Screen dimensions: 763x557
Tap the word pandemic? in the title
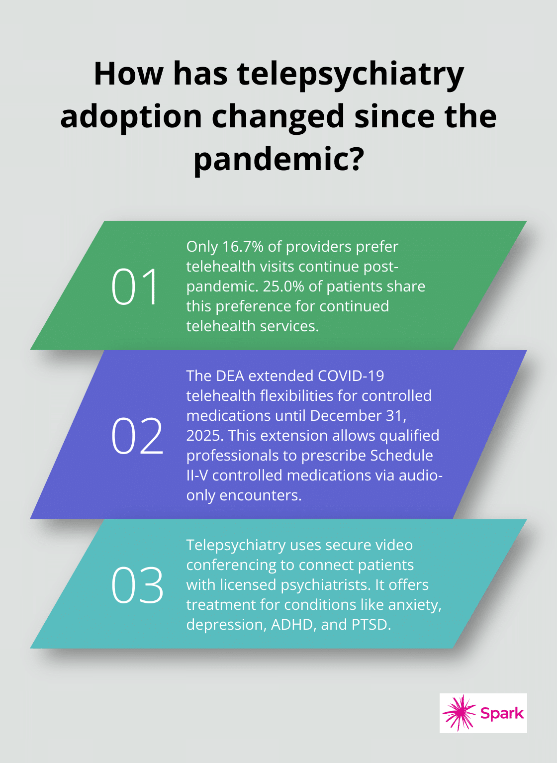click(x=278, y=159)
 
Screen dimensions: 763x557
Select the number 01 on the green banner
click(x=135, y=286)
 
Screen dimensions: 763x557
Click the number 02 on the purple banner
click(x=137, y=436)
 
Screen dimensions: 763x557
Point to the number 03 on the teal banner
click(x=137, y=585)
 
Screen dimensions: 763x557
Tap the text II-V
click(x=197, y=476)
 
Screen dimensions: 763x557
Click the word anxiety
click(x=414, y=605)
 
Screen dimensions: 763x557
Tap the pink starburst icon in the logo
click(x=459, y=713)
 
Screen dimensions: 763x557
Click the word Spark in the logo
click(x=501, y=713)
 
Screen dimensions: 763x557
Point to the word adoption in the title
click(x=132, y=117)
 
